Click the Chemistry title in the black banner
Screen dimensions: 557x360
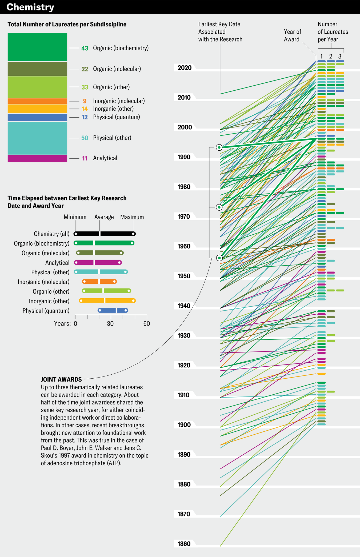pos(30,7)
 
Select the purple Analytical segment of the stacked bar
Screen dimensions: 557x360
pos(37,158)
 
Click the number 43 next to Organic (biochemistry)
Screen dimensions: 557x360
pos(85,48)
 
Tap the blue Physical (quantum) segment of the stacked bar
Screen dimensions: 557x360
pos(37,117)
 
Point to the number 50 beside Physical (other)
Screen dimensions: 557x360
pos(85,138)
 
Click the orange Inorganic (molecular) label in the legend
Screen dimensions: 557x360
pos(119,101)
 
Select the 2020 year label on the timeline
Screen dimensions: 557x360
pos(185,68)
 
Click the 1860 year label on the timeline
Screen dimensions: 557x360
pos(184,544)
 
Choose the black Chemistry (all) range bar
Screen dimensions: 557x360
pos(105,234)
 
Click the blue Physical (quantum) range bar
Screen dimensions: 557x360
pos(113,310)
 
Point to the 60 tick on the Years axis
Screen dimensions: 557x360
pos(147,324)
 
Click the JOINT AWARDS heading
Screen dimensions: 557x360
pos(61,379)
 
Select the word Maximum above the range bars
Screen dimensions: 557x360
pos(132,217)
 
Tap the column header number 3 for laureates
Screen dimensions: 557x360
pos(340,56)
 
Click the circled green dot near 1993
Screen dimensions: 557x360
pos(219,147)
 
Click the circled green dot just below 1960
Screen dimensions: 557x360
pos(219,258)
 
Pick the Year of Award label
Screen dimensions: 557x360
pos(292,35)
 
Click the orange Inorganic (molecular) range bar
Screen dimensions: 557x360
pos(99,282)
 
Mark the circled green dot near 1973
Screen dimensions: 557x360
pos(219,207)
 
